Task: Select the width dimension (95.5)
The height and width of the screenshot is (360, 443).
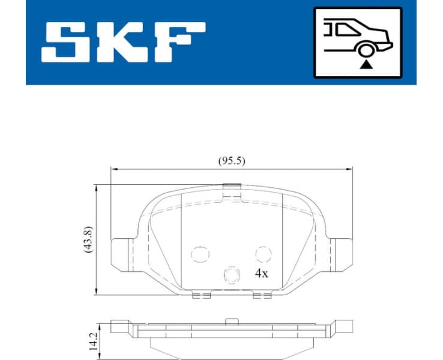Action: [x=231, y=160]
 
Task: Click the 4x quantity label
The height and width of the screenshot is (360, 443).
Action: [x=261, y=273]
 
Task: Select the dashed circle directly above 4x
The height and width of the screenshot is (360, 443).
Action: [x=262, y=254]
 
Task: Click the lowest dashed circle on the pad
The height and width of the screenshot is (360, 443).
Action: [x=231, y=275]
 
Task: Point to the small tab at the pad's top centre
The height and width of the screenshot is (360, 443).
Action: [x=231, y=188]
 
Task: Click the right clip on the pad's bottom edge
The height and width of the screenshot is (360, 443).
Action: [x=262, y=295]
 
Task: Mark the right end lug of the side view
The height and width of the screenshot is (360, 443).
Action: [x=343, y=326]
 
